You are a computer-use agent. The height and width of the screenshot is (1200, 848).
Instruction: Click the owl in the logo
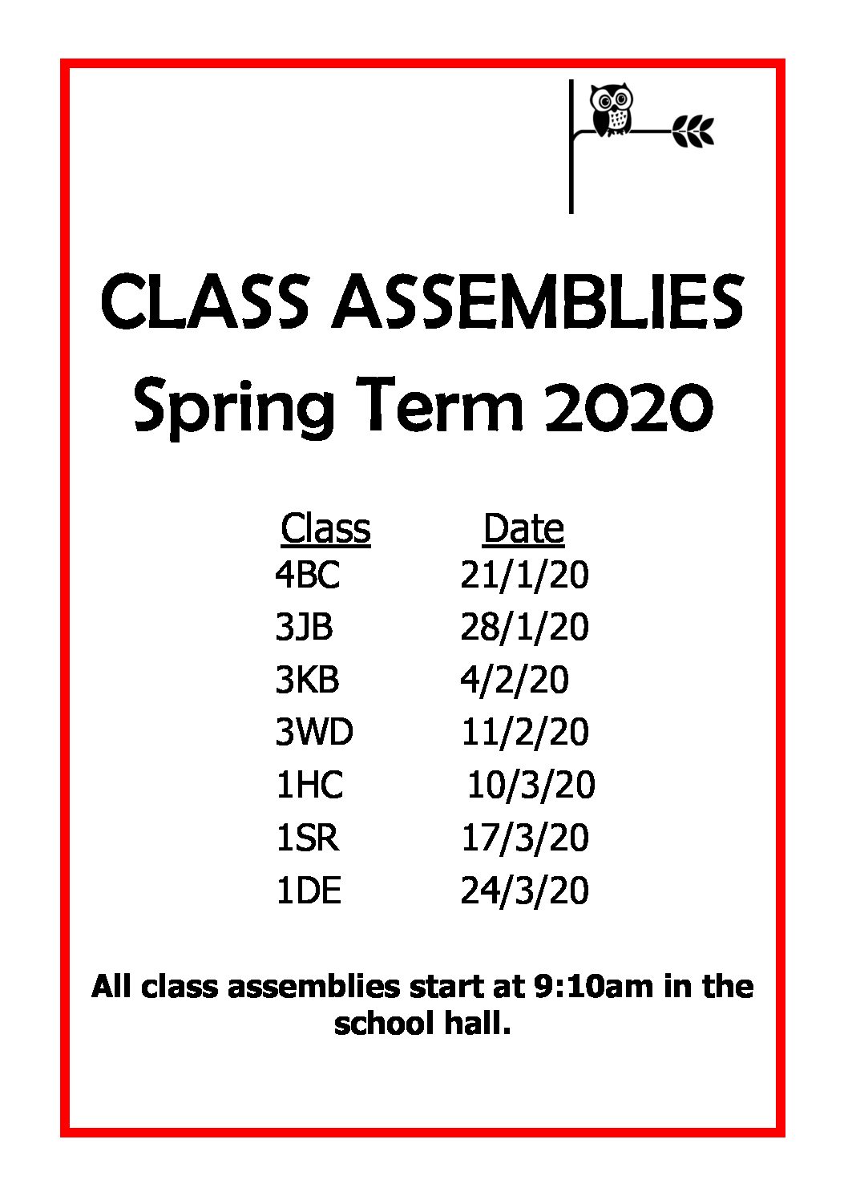pyautogui.click(x=611, y=111)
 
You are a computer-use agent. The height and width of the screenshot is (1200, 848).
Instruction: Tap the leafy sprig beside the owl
pyautogui.click(x=693, y=131)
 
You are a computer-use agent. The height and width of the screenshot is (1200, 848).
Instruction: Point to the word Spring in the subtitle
pyautogui.click(x=234, y=408)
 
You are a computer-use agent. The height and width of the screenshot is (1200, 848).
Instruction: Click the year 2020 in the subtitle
pyautogui.click(x=628, y=406)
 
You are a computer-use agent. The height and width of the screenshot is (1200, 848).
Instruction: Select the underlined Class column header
pyautogui.click(x=325, y=529)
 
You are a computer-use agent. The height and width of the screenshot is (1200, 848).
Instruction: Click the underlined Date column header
pyautogui.click(x=523, y=529)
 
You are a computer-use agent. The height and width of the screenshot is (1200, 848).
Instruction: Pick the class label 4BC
pyautogui.click(x=308, y=575)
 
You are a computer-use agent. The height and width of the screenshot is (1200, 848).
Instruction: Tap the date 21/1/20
pyautogui.click(x=524, y=576)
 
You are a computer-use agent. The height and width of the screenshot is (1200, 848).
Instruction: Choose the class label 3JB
pyautogui.click(x=304, y=628)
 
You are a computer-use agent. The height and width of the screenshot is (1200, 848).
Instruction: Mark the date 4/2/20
pyautogui.click(x=515, y=681)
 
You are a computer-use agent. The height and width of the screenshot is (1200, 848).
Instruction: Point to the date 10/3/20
pyautogui.click(x=531, y=786)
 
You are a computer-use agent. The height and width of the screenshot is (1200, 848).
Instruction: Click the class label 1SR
pyautogui.click(x=308, y=838)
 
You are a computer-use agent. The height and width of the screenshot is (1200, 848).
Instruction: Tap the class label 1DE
pyautogui.click(x=309, y=890)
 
